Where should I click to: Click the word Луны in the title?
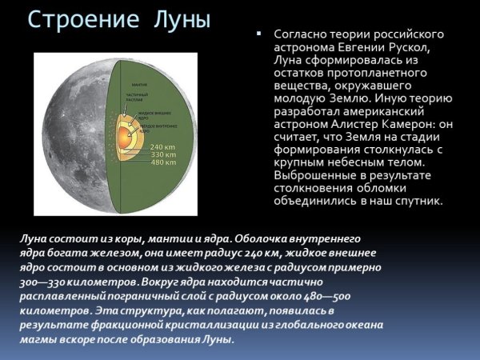click(x=179, y=19)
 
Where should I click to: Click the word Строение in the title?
click(x=84, y=19)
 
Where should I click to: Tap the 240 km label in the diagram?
click(x=162, y=147)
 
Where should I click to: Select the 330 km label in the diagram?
click(x=162, y=155)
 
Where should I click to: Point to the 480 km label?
click(x=162, y=163)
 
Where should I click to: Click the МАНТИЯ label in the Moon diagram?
click(x=138, y=84)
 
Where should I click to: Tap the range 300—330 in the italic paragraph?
click(x=39, y=282)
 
